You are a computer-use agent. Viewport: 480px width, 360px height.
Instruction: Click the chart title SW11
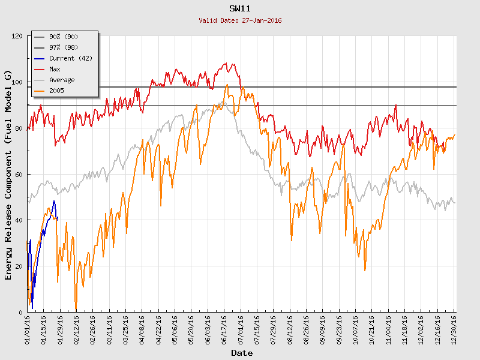tap(240, 9)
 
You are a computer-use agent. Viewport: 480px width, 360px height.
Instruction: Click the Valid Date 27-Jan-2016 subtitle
tap(240, 20)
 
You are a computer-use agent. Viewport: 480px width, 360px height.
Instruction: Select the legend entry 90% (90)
tap(64, 37)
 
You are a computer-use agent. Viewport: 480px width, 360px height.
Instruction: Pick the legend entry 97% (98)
tap(64, 48)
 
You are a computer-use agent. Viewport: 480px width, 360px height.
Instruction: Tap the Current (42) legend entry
tap(70, 59)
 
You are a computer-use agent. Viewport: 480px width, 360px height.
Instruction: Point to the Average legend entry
tap(62, 80)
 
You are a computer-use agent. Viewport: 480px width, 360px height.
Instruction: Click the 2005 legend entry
tap(57, 91)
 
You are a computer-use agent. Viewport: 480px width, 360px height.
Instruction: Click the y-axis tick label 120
tap(17, 37)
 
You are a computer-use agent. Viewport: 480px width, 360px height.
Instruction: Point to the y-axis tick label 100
tap(17, 82)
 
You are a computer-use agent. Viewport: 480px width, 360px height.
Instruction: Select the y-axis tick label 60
tap(19, 175)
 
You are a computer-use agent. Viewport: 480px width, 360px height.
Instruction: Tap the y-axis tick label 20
tap(19, 266)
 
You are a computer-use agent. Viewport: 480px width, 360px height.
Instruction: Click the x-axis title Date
tap(242, 353)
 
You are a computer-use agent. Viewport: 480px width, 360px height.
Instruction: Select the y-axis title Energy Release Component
tap(8, 174)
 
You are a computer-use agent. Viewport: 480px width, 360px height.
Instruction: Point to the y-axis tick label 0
tap(20, 313)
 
